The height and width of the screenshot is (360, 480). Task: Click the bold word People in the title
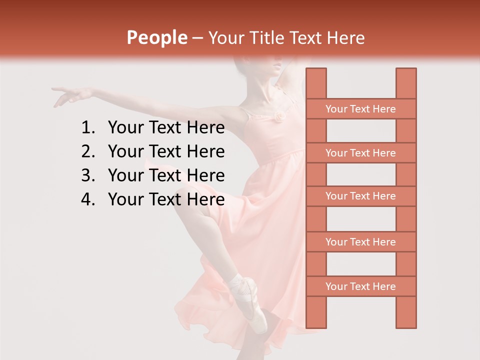coord(156,37)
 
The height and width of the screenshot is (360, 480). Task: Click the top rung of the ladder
coord(360,109)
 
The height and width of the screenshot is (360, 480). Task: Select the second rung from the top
coord(360,153)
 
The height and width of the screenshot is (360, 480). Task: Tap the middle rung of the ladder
coord(360,196)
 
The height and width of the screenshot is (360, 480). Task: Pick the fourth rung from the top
coord(360,242)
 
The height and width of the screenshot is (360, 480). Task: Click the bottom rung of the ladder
coord(360,286)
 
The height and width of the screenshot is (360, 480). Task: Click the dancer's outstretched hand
coord(67,95)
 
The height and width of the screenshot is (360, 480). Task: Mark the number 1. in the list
coord(88,128)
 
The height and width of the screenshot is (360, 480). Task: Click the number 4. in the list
coord(88,199)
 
